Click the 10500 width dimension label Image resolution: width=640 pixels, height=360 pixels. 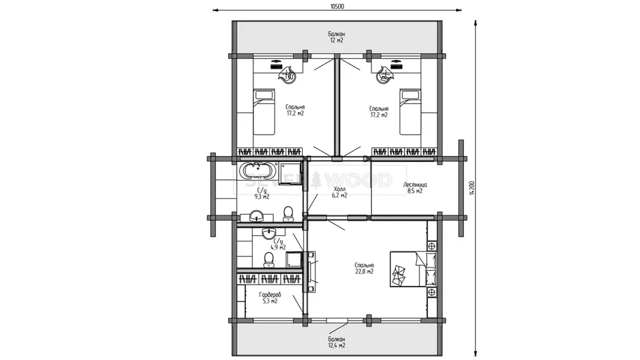coord(337,6)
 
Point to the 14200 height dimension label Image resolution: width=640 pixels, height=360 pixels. coord(471,188)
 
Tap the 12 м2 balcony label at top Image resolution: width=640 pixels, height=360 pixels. coord(337,37)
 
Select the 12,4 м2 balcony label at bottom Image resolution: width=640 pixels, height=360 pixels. coord(337,342)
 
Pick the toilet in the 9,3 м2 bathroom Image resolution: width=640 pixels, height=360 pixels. coord(288,214)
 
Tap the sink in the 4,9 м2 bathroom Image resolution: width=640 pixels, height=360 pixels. coord(269,233)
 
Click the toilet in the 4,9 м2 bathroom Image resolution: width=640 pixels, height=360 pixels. coord(269,259)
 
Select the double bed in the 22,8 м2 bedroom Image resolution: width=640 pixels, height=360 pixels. coord(413,269)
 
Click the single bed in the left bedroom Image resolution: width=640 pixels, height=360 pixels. coord(264,112)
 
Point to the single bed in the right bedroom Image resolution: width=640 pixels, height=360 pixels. coord(410,112)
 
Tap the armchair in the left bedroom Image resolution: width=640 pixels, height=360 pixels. coord(289,75)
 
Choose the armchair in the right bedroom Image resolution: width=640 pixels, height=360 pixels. coord(385,75)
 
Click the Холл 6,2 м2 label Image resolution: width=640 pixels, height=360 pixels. coord(339,192)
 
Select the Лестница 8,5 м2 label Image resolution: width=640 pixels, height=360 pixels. coord(415,188)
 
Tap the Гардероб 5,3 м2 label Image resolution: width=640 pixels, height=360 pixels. coord(270,298)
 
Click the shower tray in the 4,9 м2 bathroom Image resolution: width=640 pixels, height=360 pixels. coord(294,259)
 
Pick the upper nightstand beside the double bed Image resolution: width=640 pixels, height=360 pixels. coord(431,246)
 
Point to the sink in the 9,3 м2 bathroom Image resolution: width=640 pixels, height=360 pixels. coord(256,215)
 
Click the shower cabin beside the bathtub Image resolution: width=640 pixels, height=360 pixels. coord(290,173)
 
